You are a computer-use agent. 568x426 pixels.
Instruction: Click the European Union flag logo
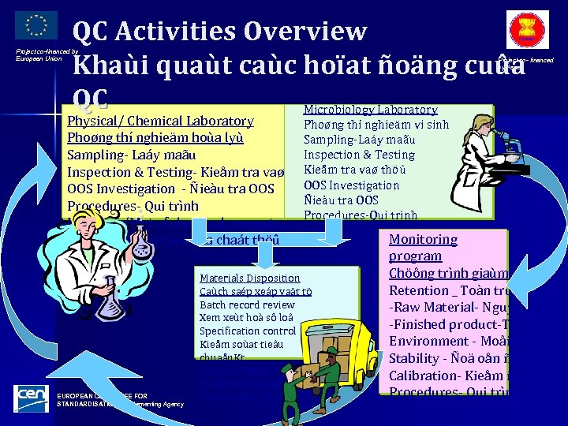point(36,24)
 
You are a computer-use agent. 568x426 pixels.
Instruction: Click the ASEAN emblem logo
point(527,31)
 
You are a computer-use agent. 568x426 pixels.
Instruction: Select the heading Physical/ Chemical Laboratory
point(161,121)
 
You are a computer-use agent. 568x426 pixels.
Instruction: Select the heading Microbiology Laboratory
point(371,110)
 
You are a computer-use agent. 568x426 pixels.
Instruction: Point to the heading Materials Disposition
point(249,278)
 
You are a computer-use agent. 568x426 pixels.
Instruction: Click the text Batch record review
point(247,305)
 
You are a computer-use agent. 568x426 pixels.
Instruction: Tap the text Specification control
point(248,331)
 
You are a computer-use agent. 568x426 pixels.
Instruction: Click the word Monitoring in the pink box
point(423,239)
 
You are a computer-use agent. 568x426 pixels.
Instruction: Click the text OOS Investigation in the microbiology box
point(352,185)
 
